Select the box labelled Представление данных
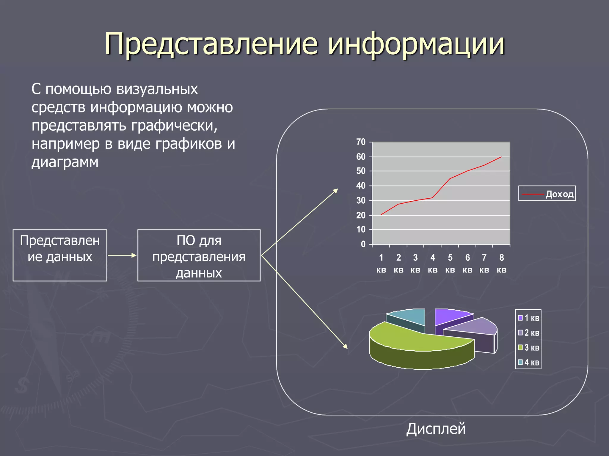(60, 255)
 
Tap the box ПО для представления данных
(199, 256)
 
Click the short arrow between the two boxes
(122, 255)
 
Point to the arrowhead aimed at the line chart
(336, 191)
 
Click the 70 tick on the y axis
(361, 142)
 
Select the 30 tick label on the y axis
(361, 201)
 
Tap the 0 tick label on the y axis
(363, 244)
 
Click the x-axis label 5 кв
(450, 263)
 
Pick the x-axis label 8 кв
(501, 263)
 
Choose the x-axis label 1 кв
(381, 263)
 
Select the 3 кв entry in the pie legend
(529, 347)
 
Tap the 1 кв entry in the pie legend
(529, 318)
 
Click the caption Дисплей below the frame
(436, 429)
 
